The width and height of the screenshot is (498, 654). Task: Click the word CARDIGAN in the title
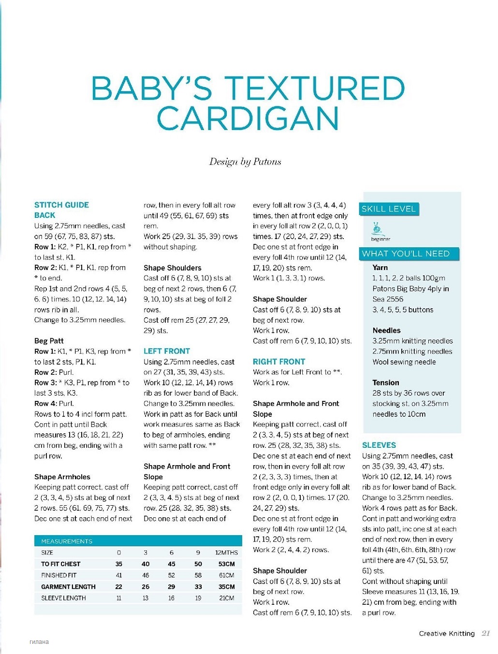248,119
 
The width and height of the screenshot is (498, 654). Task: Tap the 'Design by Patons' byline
245,162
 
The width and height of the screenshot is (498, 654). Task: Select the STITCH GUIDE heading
61,205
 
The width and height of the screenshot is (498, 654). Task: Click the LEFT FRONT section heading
167,351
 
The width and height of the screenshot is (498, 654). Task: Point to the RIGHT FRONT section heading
279,362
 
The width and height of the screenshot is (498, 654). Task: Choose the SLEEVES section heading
379,445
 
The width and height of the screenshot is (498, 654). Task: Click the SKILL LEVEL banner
389,209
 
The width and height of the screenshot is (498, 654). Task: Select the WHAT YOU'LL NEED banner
406,254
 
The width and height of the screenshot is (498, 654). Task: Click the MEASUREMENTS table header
67,541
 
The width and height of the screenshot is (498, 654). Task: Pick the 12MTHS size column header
226,553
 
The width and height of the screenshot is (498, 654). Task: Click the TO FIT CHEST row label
61,564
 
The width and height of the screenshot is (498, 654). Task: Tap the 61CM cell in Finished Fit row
226,575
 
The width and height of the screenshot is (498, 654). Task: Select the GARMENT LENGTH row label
68,587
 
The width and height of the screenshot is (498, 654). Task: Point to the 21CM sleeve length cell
226,598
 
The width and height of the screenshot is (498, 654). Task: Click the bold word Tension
386,383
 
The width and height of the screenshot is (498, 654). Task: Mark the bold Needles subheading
386,330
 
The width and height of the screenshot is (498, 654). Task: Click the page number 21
485,634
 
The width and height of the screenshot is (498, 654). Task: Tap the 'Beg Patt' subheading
49,341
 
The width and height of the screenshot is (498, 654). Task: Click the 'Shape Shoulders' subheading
173,268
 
